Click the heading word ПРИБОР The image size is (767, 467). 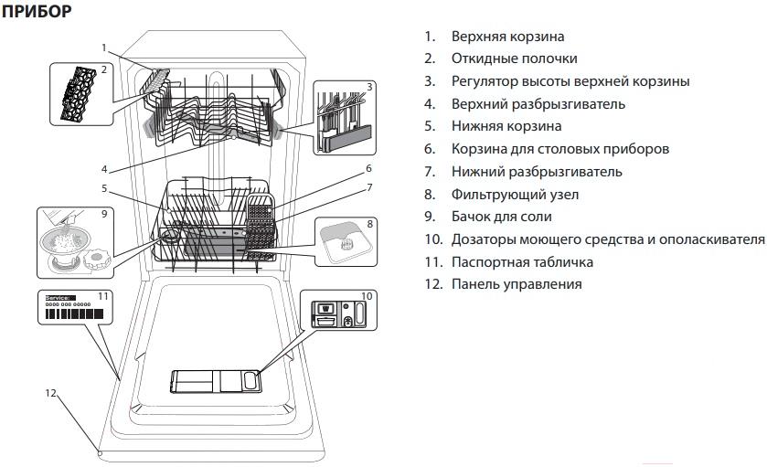point(37,11)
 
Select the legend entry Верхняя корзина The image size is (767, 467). point(507,37)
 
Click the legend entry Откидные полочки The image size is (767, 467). point(514,58)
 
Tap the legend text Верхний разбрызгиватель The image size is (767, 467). point(538,104)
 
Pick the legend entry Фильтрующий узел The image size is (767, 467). point(515,195)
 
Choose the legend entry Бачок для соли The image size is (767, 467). point(501,217)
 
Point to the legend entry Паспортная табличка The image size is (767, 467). point(522,262)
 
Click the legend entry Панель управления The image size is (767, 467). point(517,284)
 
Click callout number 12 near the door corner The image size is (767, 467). point(51,393)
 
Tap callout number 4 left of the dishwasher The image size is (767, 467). point(104,169)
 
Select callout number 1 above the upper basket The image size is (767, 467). point(103,48)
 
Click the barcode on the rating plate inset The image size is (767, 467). point(74,313)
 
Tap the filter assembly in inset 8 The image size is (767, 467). point(346,243)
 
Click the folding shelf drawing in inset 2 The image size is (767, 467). point(79,93)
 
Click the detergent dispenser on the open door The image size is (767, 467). point(216,381)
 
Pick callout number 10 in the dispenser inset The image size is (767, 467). point(367,296)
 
